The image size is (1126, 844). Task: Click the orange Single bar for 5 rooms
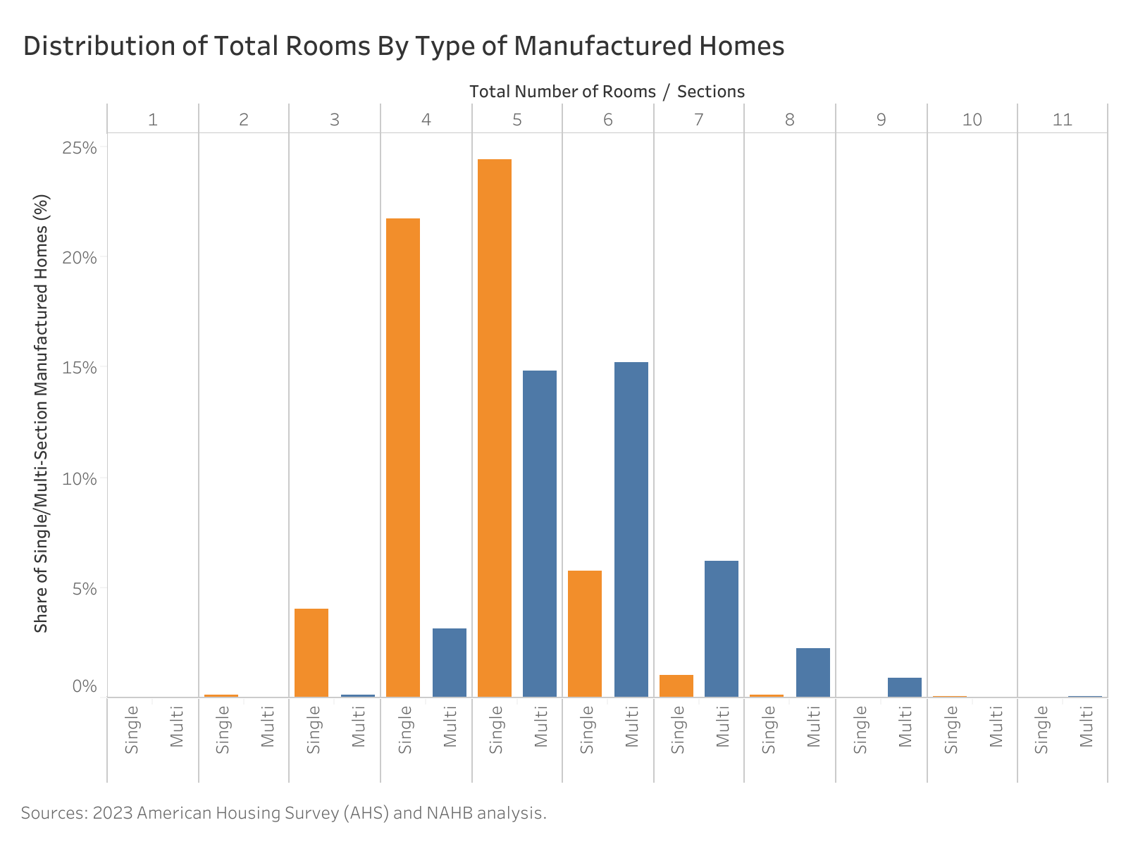(x=494, y=428)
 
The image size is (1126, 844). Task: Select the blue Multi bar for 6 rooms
(x=631, y=529)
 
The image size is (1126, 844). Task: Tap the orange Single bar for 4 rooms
(x=403, y=457)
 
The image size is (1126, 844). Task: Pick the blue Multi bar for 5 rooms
(x=539, y=533)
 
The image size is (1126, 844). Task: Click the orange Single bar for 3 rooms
(x=311, y=652)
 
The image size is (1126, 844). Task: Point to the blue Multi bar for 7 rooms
(x=721, y=628)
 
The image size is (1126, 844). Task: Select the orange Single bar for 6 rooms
(x=585, y=633)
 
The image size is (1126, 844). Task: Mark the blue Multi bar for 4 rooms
(x=449, y=662)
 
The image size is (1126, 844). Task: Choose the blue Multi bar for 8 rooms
(x=812, y=672)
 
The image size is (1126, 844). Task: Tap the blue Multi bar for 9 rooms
(x=904, y=687)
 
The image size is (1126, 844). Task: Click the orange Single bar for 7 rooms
(x=676, y=685)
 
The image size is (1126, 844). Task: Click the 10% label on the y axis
(x=79, y=478)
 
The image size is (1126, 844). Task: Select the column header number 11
(x=1062, y=119)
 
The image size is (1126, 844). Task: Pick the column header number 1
(x=152, y=119)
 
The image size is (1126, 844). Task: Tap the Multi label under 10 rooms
(x=995, y=726)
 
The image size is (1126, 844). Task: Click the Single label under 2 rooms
(x=223, y=729)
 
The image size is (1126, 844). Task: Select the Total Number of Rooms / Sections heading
(x=607, y=92)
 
